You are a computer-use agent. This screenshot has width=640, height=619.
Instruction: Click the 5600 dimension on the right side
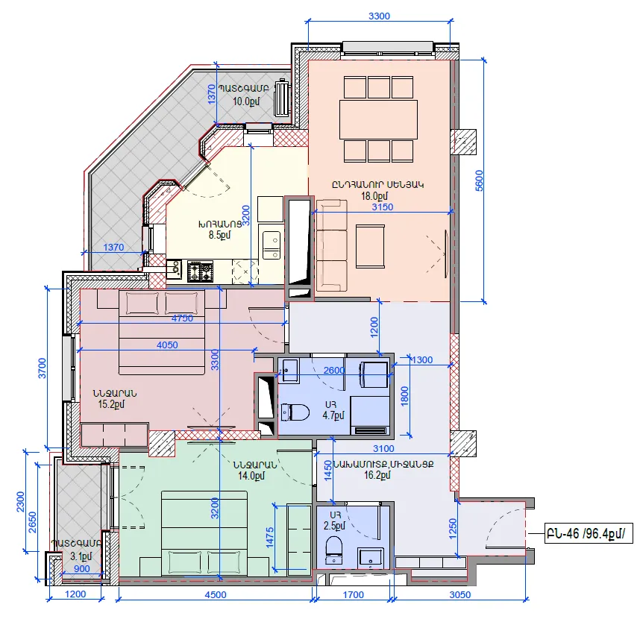(479, 180)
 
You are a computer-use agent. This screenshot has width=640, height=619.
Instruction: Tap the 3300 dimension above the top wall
(379, 16)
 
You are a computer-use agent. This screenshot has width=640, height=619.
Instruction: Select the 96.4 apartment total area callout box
(589, 533)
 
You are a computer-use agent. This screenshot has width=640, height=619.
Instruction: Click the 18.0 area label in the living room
(374, 196)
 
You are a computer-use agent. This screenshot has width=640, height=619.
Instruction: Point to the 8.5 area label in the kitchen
(219, 235)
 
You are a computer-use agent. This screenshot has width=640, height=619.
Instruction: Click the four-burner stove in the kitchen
(200, 271)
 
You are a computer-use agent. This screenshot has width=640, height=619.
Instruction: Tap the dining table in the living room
(378, 119)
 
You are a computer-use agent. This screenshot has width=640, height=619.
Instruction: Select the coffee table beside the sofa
(370, 246)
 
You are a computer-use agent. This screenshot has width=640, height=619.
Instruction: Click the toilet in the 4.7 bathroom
(295, 412)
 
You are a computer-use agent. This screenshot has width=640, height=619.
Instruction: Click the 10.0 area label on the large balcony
(246, 101)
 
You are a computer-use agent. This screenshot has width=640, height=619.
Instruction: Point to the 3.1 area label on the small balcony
(81, 556)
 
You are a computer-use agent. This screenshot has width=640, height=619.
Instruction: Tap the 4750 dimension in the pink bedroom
(182, 318)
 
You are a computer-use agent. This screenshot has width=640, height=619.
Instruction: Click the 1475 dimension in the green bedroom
(269, 537)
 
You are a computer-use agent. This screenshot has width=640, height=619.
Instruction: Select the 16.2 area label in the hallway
(377, 475)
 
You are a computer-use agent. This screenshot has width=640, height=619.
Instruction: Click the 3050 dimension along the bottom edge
(460, 594)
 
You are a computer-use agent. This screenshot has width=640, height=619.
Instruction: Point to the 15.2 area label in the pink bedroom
(111, 404)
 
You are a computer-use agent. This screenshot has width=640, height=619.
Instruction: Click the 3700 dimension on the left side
(42, 368)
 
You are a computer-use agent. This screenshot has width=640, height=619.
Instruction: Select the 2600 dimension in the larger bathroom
(334, 370)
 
